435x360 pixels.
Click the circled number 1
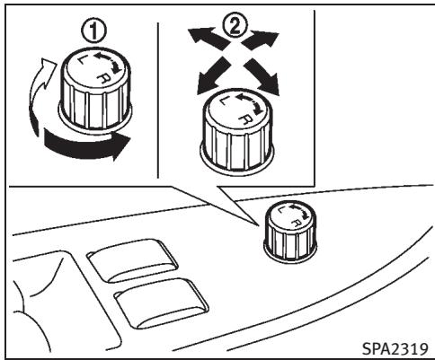pos(93,32)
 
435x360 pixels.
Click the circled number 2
pos(235,25)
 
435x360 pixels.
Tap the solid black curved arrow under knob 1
pos(87,145)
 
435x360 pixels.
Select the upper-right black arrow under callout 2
pos(260,40)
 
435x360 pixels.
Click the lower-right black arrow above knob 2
pos(262,76)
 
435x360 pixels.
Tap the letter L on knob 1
pos(82,60)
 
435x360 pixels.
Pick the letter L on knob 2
pos(223,101)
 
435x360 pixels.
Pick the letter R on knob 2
pos(246,119)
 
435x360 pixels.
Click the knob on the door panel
pos(290,232)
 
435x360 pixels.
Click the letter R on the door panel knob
pos(297,223)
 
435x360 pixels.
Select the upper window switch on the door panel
pos(132,260)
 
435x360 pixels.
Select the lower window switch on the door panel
pos(161,303)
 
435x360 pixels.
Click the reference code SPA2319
pos(395,348)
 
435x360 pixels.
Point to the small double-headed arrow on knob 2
pos(251,103)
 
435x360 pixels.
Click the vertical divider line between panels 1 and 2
pos(157,101)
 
